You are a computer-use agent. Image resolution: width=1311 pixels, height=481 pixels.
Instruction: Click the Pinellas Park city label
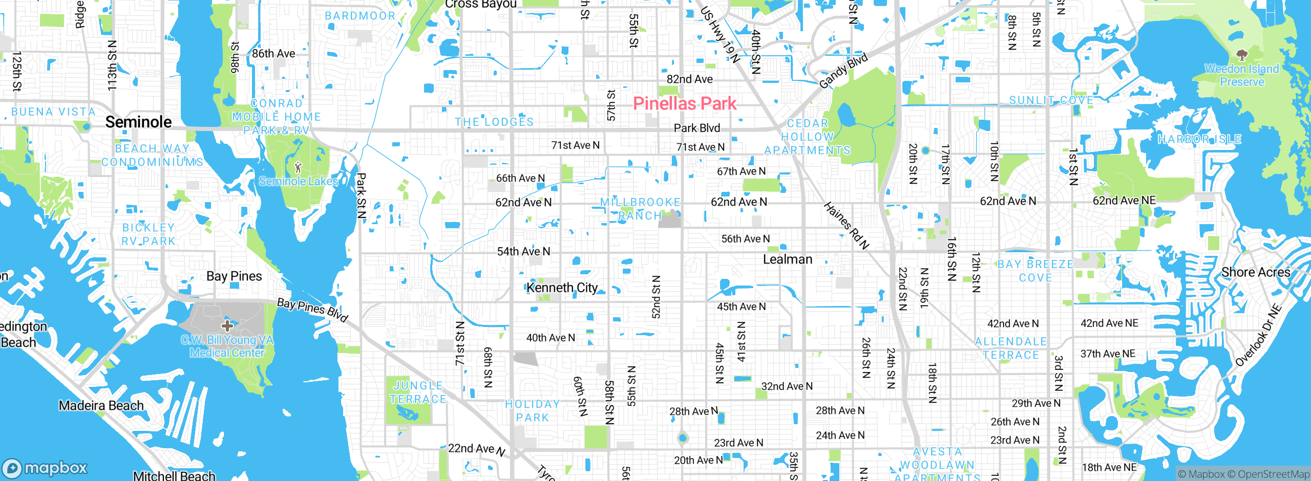(685, 103)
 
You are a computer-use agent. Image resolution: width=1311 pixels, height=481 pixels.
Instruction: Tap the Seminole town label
(138, 122)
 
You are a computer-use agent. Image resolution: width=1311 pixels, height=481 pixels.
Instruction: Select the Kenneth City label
(562, 288)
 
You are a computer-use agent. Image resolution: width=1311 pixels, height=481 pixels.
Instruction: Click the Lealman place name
(788, 259)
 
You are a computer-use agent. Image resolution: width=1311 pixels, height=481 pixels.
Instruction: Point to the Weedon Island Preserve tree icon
(1241, 55)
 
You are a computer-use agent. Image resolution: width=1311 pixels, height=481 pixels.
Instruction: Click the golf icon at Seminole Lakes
(298, 167)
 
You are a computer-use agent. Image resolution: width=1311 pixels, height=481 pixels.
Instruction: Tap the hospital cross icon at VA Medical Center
(227, 325)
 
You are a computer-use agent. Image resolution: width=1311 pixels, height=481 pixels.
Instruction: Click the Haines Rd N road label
(846, 226)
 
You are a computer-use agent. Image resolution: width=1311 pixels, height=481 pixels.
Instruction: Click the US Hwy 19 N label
(720, 35)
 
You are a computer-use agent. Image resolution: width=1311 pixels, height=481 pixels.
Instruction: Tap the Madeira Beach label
(101, 406)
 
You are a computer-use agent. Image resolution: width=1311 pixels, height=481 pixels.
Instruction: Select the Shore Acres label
(1256, 272)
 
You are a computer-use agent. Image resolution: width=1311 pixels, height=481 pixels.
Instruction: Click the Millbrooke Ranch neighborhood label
(640, 209)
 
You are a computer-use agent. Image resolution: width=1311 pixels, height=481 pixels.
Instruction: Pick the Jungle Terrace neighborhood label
(418, 392)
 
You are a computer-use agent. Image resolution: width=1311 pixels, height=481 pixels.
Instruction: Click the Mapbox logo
(45, 468)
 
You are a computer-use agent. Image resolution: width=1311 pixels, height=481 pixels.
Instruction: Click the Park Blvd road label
(696, 128)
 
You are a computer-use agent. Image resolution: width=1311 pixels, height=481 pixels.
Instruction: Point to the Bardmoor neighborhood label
(360, 16)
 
